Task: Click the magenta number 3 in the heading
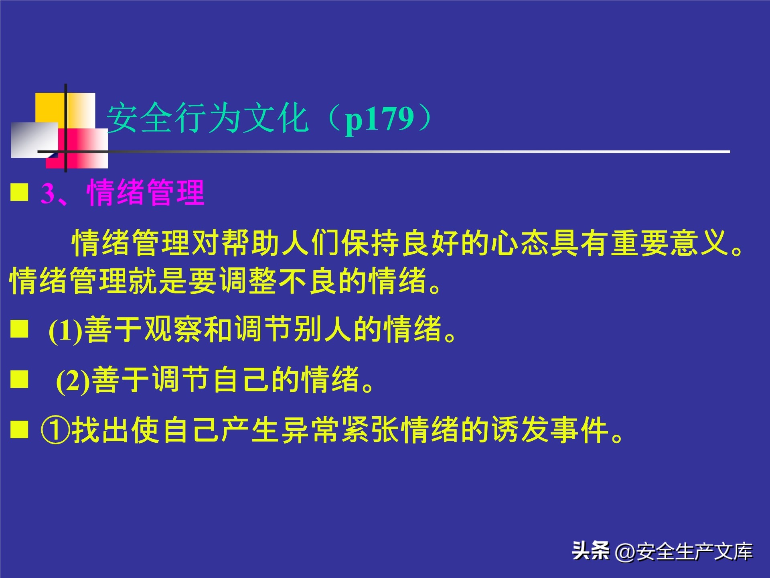pyautogui.click(x=47, y=193)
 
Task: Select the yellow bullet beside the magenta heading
pyautogui.click(x=19, y=192)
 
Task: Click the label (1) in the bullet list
pyautogui.click(x=65, y=330)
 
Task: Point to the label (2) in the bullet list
pyautogui.click(x=73, y=381)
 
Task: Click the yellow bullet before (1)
pyautogui.click(x=19, y=329)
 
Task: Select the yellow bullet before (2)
pyautogui.click(x=19, y=379)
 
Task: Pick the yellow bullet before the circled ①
pyautogui.click(x=19, y=429)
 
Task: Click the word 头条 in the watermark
pyautogui.click(x=590, y=550)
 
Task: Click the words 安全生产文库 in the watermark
pyautogui.click(x=694, y=552)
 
